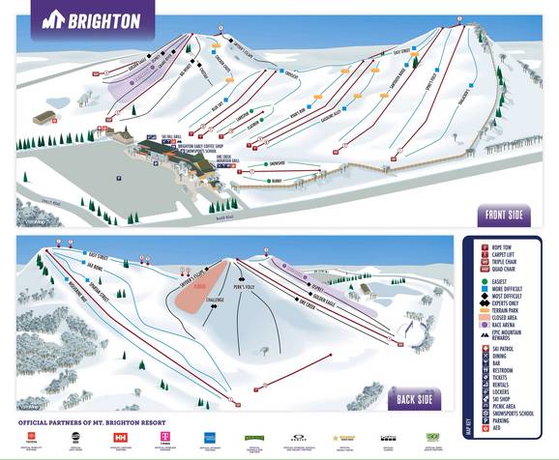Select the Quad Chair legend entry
(x=506, y=271)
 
